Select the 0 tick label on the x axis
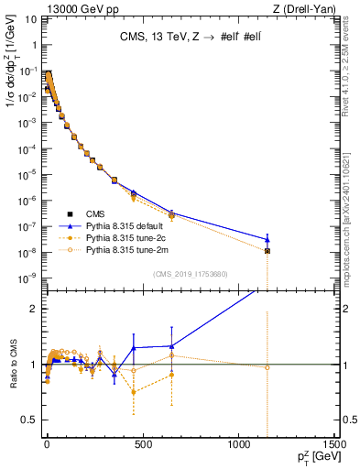click(47, 442)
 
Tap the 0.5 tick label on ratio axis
click(29, 420)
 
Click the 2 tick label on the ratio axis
click(33, 309)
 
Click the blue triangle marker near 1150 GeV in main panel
click(267, 240)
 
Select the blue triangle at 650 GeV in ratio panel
click(171, 346)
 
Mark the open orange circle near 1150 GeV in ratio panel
click(267, 367)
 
